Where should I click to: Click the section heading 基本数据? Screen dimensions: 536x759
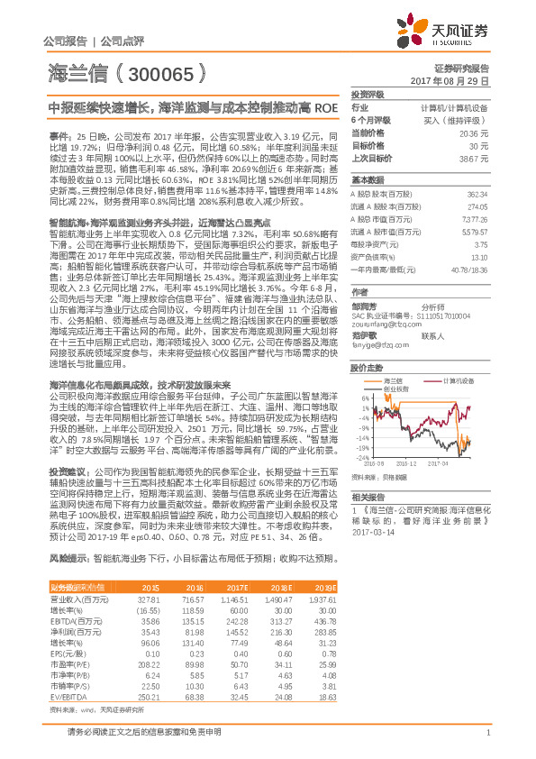(x=367, y=179)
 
